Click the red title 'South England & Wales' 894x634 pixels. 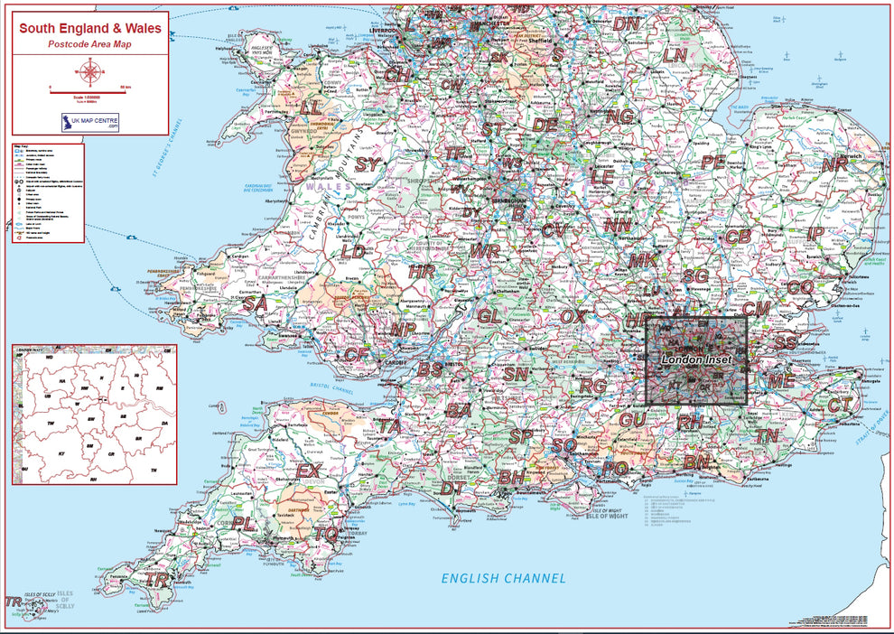tap(90, 27)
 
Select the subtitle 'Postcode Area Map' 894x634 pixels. tap(90, 43)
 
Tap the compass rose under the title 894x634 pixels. tap(90, 70)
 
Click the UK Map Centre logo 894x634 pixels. tap(90, 123)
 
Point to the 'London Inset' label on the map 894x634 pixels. tap(696, 359)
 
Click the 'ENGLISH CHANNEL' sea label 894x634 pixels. tap(503, 578)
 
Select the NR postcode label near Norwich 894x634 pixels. tap(834, 165)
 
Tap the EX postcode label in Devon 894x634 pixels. tap(309, 471)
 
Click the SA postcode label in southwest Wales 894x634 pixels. tap(255, 304)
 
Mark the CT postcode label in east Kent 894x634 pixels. tap(840, 406)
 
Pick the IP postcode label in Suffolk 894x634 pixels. tap(815, 233)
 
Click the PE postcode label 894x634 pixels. tap(713, 163)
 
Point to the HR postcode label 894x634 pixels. tap(422, 272)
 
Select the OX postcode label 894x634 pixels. tap(573, 317)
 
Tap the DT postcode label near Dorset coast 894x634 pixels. tap(453, 489)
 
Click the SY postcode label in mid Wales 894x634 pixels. tap(368, 164)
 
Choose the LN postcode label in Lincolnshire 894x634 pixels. tap(675, 55)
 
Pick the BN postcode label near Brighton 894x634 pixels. tap(696, 462)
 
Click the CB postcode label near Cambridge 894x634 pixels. tap(738, 236)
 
